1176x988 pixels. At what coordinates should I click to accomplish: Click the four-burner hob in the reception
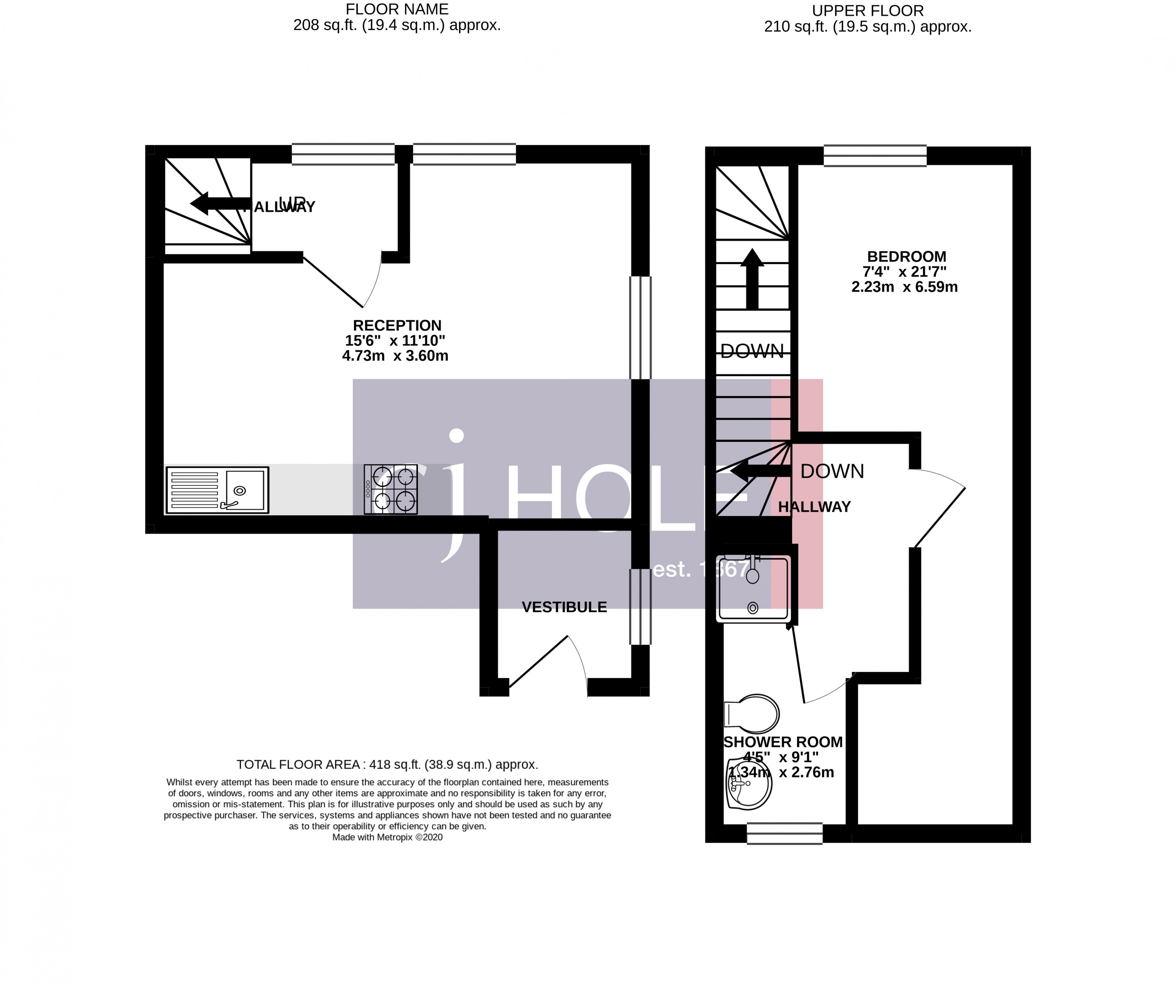point(391,489)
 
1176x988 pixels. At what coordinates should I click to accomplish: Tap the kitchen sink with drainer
point(217,490)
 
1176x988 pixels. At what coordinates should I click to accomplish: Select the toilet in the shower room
point(752,714)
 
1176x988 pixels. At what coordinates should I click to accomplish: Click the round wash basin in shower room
point(749,784)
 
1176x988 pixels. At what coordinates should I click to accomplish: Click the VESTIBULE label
point(564,607)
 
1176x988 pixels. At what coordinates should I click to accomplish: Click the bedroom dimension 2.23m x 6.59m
point(904,287)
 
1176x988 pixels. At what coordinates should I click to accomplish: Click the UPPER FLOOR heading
point(867,11)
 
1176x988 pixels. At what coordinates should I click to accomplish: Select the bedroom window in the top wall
point(875,155)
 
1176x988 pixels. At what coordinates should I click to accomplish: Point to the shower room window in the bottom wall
point(784,833)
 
